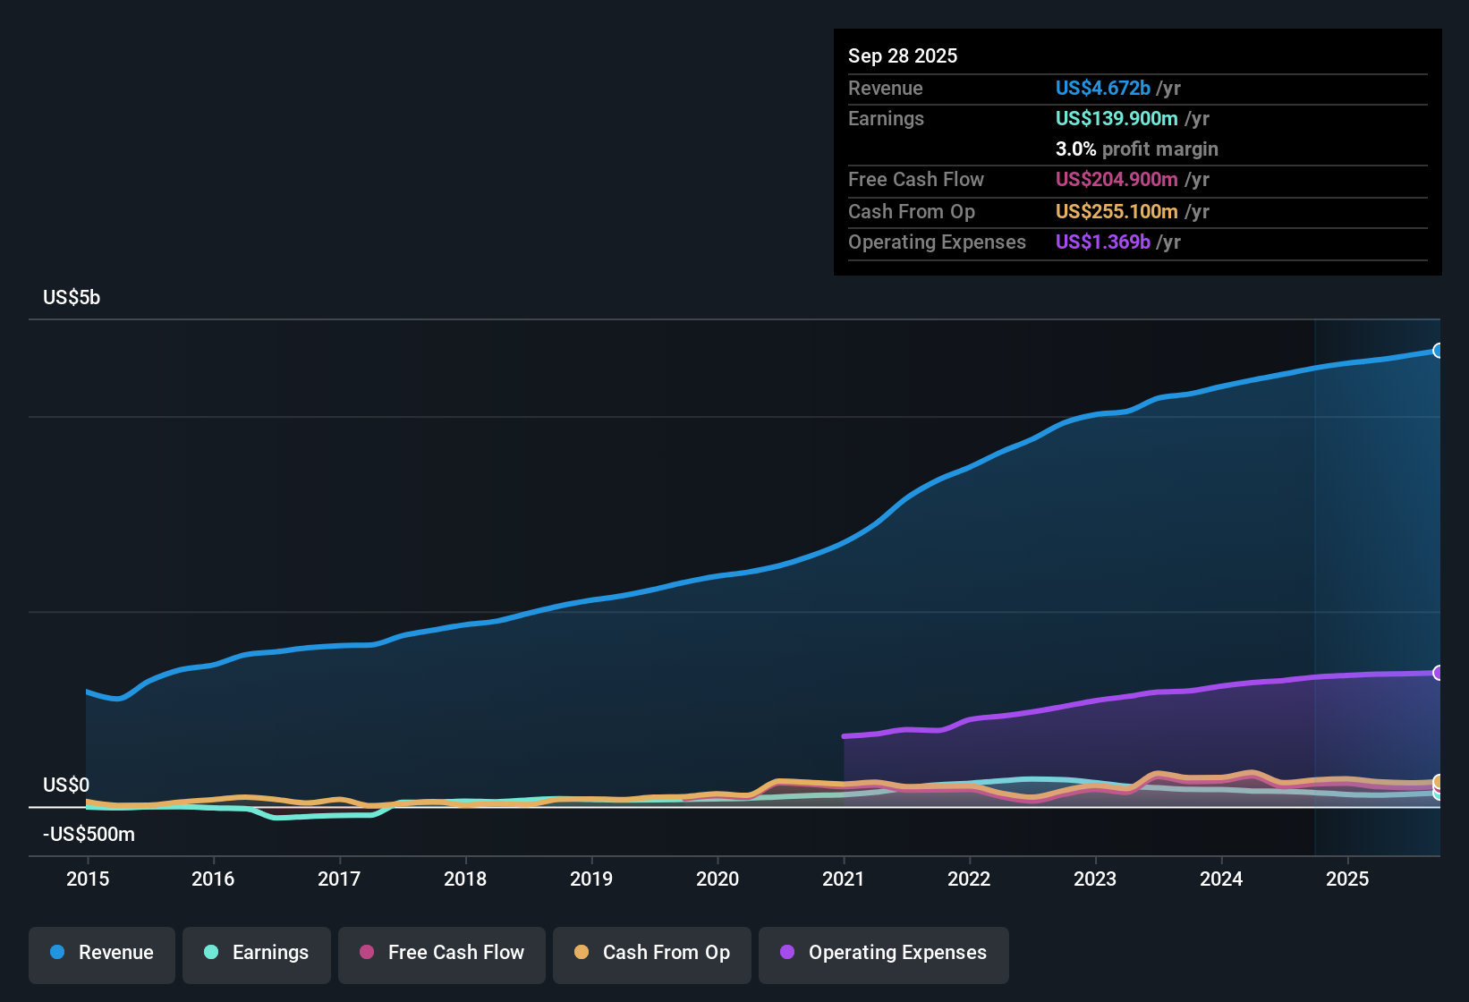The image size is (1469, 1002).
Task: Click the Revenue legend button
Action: pyautogui.click(x=102, y=953)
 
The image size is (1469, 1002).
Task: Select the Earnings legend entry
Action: pyautogui.click(x=257, y=953)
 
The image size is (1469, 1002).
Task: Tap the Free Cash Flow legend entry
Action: pyautogui.click(x=442, y=953)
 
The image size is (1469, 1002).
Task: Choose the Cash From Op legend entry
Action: pyautogui.click(x=652, y=953)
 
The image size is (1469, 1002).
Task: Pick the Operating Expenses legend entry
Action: pyautogui.click(x=884, y=953)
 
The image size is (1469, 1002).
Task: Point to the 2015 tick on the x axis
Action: pyautogui.click(x=88, y=879)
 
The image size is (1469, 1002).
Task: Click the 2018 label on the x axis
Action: pyautogui.click(x=465, y=879)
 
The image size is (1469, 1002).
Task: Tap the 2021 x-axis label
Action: pyautogui.click(x=843, y=879)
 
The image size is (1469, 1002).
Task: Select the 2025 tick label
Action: pyautogui.click(x=1346, y=879)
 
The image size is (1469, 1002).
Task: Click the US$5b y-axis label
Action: pyautogui.click(x=72, y=298)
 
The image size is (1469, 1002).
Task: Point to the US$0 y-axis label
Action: pyautogui.click(x=66, y=785)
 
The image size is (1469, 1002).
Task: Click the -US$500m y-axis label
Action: pyautogui.click(x=89, y=835)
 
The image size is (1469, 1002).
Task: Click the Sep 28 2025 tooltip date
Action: pyautogui.click(x=903, y=56)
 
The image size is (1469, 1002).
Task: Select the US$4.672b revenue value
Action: pyautogui.click(x=1102, y=89)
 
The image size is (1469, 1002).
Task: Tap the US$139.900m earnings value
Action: pyautogui.click(x=1116, y=119)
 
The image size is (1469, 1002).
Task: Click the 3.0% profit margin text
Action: pyautogui.click(x=1136, y=149)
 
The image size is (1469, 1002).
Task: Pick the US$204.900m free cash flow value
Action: pyautogui.click(x=1116, y=180)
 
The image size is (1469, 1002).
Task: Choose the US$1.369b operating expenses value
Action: pyautogui.click(x=1102, y=242)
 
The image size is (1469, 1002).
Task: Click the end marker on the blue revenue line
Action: pyautogui.click(x=1438, y=351)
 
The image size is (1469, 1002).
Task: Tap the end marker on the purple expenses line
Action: pyautogui.click(x=1438, y=673)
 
